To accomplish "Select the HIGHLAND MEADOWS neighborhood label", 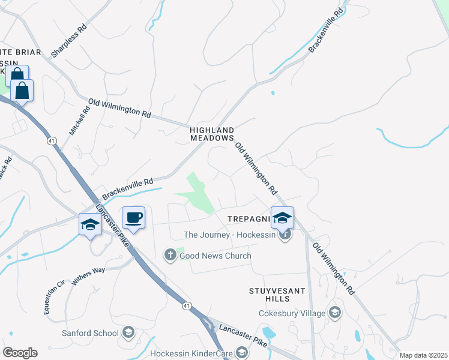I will point(211,134).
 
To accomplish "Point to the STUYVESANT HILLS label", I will point(277,295).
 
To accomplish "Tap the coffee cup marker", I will point(133,217).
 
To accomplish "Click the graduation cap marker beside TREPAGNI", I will point(282,217).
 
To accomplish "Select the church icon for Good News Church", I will point(170,256).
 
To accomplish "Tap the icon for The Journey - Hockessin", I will point(285,235).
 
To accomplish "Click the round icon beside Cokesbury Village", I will point(334,313).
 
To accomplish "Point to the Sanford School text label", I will point(90,333).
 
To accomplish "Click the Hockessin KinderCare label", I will point(190,353).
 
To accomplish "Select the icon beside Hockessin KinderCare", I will point(241,353).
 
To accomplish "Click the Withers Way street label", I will point(88,275).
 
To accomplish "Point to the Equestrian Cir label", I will point(53,298).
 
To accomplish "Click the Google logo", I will point(20,353).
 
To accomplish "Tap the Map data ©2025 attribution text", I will point(423,355).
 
